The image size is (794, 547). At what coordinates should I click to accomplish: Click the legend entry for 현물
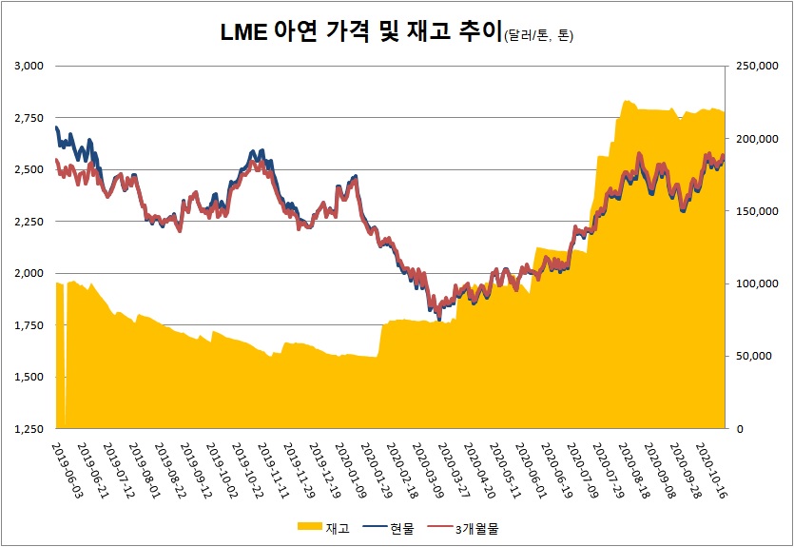pyautogui.click(x=397, y=528)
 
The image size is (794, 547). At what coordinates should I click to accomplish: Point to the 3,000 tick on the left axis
pyautogui.click(x=31, y=66)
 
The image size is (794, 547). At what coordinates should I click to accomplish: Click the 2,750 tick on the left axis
pyautogui.click(x=31, y=118)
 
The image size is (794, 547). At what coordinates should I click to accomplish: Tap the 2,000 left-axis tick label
pyautogui.click(x=31, y=273)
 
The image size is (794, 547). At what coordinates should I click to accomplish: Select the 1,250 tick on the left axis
pyautogui.click(x=31, y=429)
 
